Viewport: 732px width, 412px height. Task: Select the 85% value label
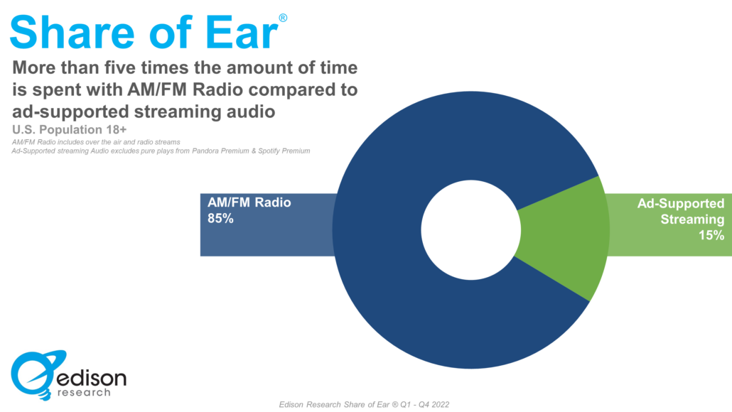tap(220, 219)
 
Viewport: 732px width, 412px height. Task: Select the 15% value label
tap(711, 235)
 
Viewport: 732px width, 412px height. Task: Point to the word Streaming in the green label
tap(692, 219)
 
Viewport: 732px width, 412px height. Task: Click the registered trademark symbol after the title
tap(283, 17)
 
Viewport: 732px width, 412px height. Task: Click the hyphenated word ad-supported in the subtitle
tap(68, 112)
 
